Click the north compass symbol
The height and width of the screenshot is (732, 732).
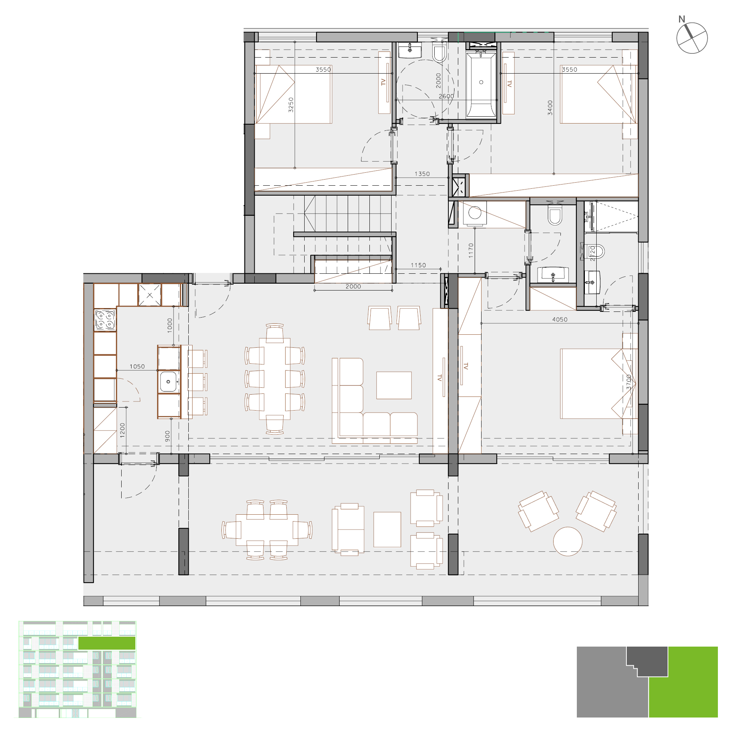click(x=692, y=37)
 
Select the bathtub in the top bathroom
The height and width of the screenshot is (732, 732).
click(x=481, y=84)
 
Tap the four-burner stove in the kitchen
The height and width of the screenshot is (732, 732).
click(x=105, y=320)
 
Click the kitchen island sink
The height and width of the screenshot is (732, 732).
click(x=168, y=382)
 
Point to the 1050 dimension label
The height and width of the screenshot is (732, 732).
click(x=137, y=366)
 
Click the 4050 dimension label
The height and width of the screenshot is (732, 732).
click(x=560, y=319)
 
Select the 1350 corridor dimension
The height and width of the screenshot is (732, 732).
click(x=422, y=174)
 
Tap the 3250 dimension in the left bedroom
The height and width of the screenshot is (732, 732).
click(x=291, y=105)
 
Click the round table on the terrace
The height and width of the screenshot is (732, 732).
click(x=568, y=541)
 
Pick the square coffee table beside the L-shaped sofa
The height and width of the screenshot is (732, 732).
click(x=394, y=385)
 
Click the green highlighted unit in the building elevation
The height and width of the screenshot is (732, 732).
click(x=107, y=643)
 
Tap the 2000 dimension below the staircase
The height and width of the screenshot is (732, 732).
click(x=353, y=286)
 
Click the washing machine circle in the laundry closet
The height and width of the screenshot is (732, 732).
click(x=475, y=213)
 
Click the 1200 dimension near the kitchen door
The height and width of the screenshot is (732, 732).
click(x=122, y=430)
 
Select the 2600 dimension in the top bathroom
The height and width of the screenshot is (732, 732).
click(x=446, y=96)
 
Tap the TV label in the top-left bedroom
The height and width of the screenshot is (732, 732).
click(x=384, y=82)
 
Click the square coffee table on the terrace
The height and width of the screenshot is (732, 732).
click(x=387, y=530)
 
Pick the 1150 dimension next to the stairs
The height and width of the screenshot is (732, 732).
click(x=418, y=265)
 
